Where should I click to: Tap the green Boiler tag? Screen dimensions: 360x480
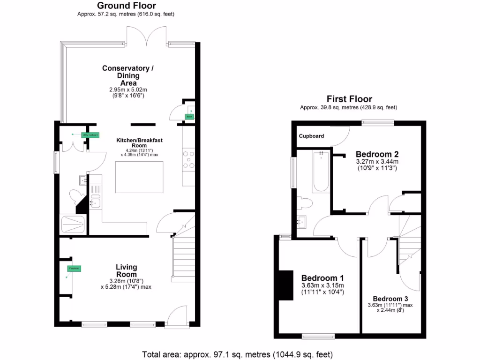tap(189, 117)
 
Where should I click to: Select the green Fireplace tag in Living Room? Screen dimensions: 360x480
tap(74, 269)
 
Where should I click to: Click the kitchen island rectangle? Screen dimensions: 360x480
tap(139, 177)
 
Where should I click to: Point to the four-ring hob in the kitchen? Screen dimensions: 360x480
tap(188, 159)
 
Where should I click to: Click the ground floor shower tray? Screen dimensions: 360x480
tap(73, 224)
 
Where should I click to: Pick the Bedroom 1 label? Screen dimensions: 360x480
tap(322, 277)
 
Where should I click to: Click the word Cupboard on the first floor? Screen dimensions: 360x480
tap(311, 136)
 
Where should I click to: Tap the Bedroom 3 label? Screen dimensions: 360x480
tap(390, 299)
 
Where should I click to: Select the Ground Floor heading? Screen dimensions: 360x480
tap(127, 6)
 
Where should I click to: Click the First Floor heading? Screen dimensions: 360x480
tap(349, 99)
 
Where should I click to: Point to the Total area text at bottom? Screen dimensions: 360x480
tap(237, 354)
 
